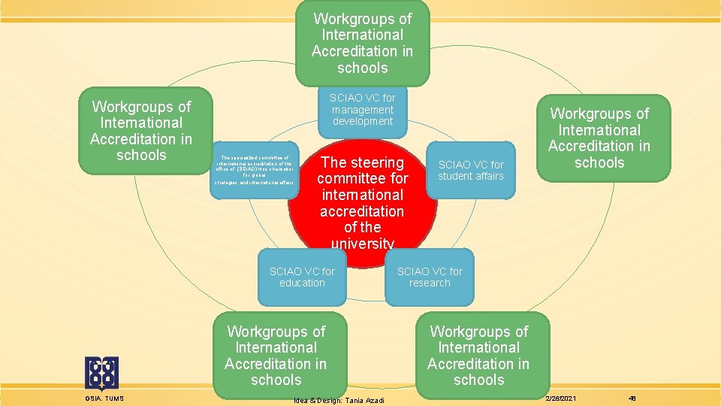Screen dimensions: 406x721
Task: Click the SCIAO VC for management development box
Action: click(x=363, y=109)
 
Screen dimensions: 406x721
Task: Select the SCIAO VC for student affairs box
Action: click(x=471, y=170)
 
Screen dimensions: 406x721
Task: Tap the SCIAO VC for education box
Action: click(x=302, y=277)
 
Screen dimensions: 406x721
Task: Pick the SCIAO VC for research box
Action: click(x=430, y=277)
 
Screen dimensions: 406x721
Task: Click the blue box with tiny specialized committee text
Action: click(x=255, y=170)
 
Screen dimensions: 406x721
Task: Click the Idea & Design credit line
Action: click(x=339, y=400)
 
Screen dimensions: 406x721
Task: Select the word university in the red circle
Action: click(x=362, y=244)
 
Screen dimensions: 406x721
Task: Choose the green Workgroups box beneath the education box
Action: click(x=276, y=355)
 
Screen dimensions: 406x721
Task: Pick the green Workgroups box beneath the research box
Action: click(x=478, y=355)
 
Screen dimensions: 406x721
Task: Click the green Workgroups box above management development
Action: click(x=362, y=43)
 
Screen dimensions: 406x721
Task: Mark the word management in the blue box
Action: click(x=363, y=109)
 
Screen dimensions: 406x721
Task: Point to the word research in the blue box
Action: click(x=430, y=283)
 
